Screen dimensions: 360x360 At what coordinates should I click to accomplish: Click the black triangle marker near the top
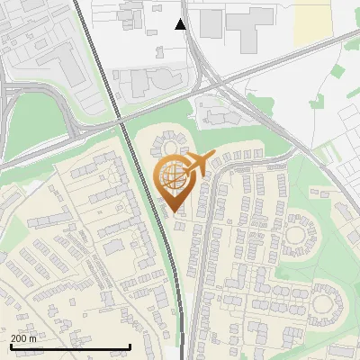181,24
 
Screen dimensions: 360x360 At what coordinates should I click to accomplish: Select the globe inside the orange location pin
173,176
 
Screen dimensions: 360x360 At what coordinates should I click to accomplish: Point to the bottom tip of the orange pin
173,211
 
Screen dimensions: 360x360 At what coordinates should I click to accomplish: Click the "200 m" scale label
24,338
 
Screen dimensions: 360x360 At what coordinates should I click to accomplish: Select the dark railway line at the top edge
79,7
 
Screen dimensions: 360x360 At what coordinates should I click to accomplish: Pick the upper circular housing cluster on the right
301,236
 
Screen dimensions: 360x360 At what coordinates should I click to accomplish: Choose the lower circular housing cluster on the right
325,301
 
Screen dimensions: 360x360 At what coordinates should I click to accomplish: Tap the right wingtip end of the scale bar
130,346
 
